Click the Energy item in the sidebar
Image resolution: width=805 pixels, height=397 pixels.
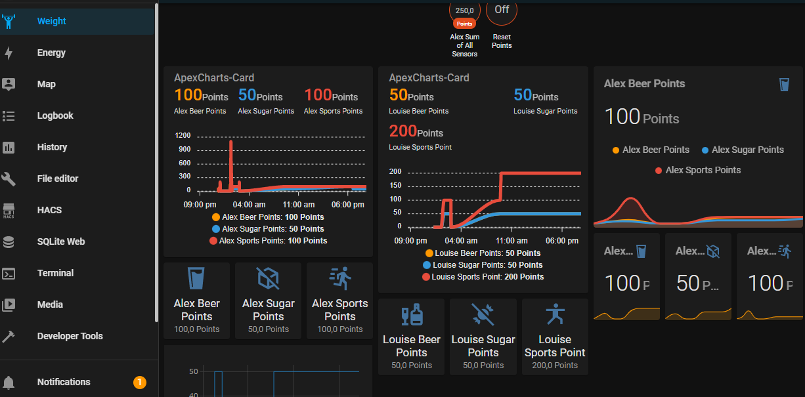51,52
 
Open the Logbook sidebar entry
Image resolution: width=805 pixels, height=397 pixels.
55,115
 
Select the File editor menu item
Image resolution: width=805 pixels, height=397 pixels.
58,178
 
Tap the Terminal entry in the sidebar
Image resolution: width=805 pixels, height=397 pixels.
55,273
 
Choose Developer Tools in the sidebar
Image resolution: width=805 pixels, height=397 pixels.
70,336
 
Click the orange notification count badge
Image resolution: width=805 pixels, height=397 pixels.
139,382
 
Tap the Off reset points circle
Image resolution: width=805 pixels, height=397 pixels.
502,10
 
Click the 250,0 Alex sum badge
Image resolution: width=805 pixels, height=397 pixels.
465,12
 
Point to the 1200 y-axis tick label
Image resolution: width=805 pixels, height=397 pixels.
183,135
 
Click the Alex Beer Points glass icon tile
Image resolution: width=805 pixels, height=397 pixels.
196,278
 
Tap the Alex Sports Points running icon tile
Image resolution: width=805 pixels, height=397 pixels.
339,278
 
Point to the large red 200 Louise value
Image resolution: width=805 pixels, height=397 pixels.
403,132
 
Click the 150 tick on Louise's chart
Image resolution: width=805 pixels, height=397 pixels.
395,185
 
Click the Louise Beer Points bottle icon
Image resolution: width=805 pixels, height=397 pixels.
412,315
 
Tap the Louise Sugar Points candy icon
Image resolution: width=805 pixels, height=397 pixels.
483,315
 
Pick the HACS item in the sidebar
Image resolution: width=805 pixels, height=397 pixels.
49,210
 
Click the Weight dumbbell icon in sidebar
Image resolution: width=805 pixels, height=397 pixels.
9,21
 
